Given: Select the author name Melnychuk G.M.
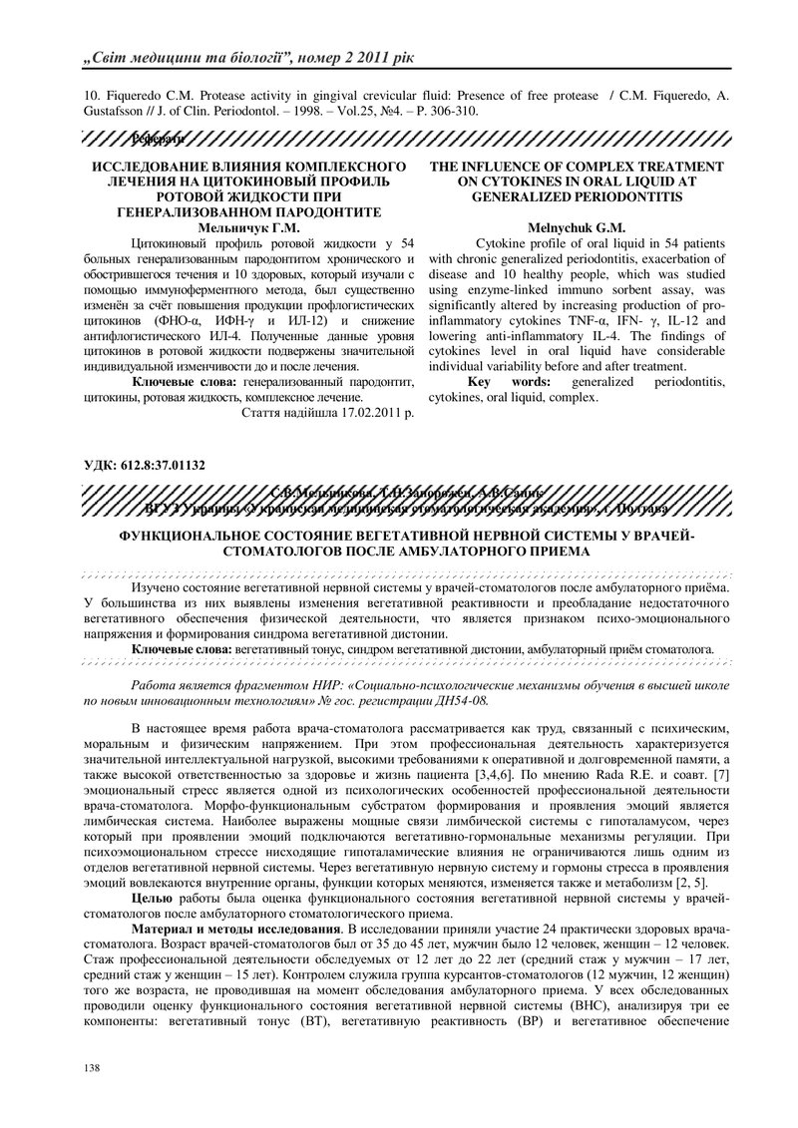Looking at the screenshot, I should [x=577, y=227].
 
